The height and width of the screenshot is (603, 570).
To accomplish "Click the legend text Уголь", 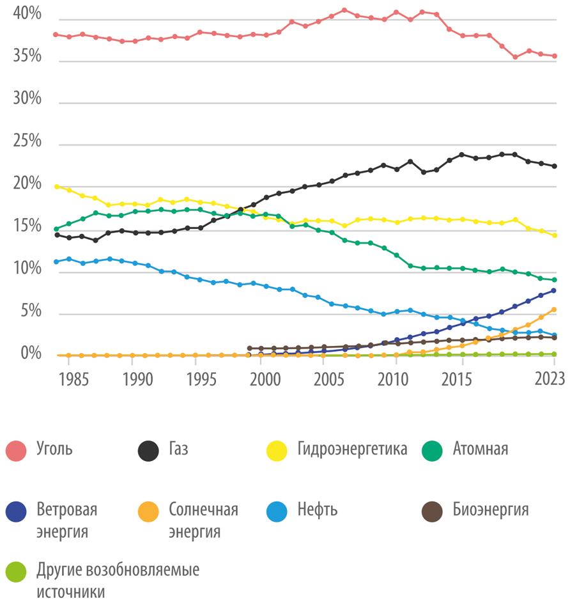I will [54, 449].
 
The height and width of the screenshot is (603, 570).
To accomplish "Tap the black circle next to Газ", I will [148, 450].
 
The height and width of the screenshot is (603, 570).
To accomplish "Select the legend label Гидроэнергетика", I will [352, 449].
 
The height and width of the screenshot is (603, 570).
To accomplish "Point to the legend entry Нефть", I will [318, 510].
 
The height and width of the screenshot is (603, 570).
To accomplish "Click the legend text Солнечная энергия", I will [203, 521].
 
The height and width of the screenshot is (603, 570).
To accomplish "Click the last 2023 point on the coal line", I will [555, 56].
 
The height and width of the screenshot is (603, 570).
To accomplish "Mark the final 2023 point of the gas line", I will [555, 166].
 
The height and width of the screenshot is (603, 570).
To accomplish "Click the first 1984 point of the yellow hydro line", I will [56, 187].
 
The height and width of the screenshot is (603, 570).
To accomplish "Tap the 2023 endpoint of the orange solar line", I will [555, 309].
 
